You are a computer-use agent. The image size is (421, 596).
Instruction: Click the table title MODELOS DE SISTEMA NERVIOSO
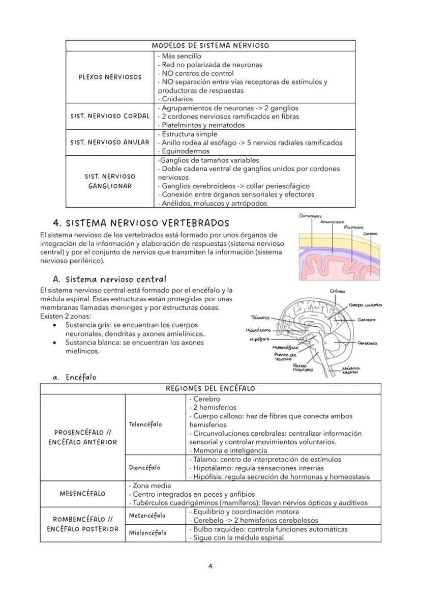tap(210, 46)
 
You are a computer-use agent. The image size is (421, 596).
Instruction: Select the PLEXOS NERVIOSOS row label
tap(110, 77)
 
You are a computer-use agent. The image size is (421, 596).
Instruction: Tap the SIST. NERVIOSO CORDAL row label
tap(110, 116)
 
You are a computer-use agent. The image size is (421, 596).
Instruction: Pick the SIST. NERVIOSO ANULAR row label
tap(110, 143)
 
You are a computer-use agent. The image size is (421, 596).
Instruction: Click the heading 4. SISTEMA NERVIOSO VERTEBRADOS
tap(141, 223)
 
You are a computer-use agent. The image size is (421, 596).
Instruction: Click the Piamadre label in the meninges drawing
tap(354, 228)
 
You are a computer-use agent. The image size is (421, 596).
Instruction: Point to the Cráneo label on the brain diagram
tap(338, 291)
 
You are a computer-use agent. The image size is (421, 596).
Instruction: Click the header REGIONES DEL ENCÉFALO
tap(210, 388)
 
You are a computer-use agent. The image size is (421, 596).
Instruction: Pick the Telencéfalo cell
tap(145, 424)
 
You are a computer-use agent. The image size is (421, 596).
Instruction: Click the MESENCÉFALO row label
tap(82, 494)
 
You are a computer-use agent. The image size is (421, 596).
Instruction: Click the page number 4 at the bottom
tap(211, 566)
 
